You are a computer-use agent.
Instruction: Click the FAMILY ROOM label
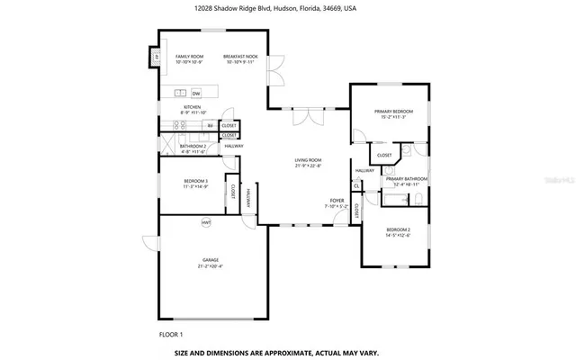tap(189, 57)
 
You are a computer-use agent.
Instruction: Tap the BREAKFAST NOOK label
tap(241, 57)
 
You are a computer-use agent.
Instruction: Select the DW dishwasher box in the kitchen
tap(195, 94)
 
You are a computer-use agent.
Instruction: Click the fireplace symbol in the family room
tap(154, 58)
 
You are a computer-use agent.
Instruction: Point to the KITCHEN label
tap(193, 107)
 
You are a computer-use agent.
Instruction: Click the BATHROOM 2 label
tap(193, 146)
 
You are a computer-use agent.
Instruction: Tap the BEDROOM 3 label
tap(195, 181)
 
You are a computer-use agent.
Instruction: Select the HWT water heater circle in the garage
tap(206, 222)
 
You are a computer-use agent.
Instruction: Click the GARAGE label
tap(210, 260)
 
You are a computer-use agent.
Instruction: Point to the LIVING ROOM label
tap(308, 159)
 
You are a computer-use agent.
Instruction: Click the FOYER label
tap(336, 201)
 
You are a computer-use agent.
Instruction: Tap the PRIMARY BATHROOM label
tap(406, 179)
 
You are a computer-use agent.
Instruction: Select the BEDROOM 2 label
tap(397, 230)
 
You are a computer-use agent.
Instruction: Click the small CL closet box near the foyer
tap(356, 185)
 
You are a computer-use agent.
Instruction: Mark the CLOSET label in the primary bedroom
tap(384, 155)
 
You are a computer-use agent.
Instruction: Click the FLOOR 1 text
tap(171, 334)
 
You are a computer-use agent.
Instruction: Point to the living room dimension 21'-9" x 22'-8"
tap(308, 166)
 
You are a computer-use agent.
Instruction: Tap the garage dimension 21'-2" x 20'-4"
tap(210, 266)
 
